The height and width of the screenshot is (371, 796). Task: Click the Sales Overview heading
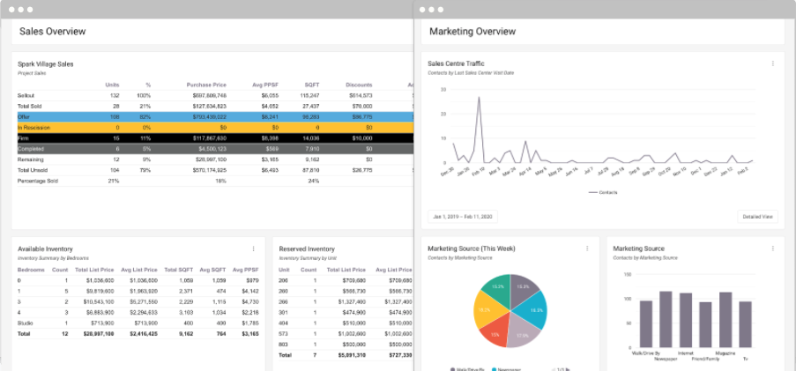pyautogui.click(x=53, y=32)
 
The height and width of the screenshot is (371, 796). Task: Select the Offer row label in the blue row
pyautogui.click(x=24, y=116)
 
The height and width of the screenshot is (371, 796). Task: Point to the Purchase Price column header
pyautogui.click(x=206, y=85)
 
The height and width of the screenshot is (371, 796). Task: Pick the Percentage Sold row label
pyautogui.click(x=37, y=181)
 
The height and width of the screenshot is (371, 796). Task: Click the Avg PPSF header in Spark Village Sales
pyautogui.click(x=264, y=85)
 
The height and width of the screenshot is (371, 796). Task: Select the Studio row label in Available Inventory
pyautogui.click(x=25, y=323)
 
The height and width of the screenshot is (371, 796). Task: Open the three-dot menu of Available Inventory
pyautogui.click(x=253, y=249)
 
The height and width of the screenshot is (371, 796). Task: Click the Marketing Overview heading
pyautogui.click(x=472, y=32)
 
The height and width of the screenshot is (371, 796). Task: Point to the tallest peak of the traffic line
pyautogui.click(x=479, y=98)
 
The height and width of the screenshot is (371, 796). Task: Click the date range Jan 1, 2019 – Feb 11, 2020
pyautogui.click(x=463, y=216)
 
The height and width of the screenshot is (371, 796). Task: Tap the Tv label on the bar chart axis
pyautogui.click(x=746, y=359)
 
